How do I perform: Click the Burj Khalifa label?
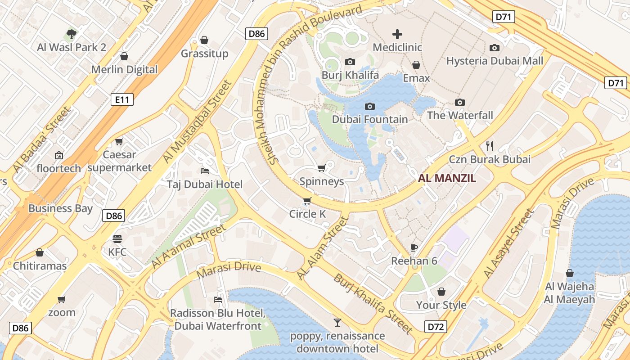[x=350, y=75]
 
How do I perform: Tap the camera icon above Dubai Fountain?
[x=370, y=106]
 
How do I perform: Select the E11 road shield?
[x=122, y=99]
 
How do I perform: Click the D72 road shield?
[x=436, y=327]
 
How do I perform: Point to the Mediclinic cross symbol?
[x=397, y=34]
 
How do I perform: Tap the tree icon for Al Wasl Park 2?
[x=71, y=34]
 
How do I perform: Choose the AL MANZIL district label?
[x=447, y=178]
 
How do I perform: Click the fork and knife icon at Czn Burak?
[x=490, y=146]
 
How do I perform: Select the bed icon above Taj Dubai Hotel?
[x=204, y=171]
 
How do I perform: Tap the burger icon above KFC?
[x=117, y=238]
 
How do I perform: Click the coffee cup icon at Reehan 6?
[x=414, y=247]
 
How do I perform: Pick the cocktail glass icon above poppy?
[x=337, y=322]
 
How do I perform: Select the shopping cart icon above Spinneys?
[x=321, y=168]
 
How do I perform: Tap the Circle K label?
[x=307, y=214]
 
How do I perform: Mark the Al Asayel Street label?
[x=508, y=243]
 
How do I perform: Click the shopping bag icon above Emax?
[x=416, y=65]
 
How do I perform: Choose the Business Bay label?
[x=60, y=208]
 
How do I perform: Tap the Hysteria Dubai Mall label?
[x=495, y=61]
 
